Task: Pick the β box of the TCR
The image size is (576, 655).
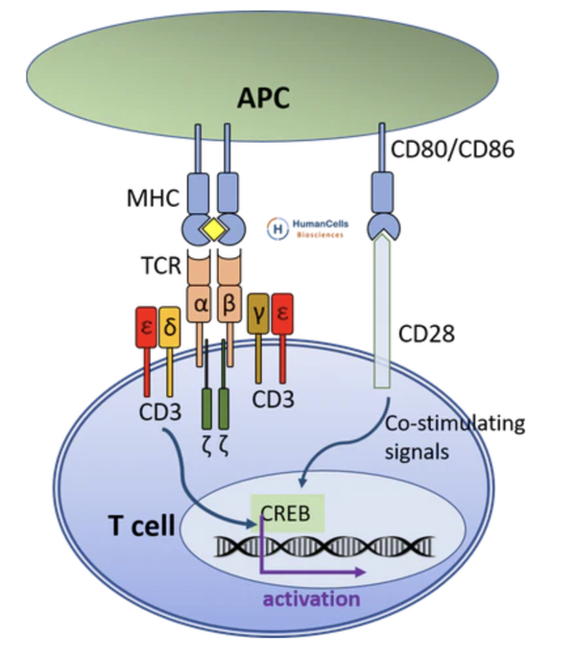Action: tap(230, 307)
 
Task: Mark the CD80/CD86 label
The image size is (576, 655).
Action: tap(453, 149)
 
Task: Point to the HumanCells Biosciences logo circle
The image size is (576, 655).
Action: tap(276, 227)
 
